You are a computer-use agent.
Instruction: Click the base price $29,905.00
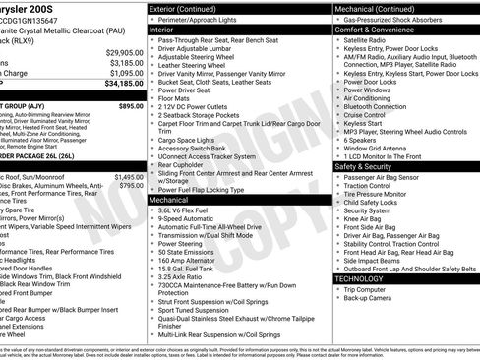pos(126,52)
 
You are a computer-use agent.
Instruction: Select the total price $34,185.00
pos(126,84)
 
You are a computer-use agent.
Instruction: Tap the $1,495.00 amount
pos(129,176)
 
